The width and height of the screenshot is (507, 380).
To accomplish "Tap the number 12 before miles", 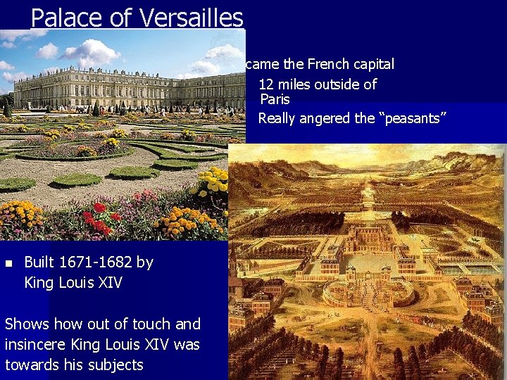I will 266,84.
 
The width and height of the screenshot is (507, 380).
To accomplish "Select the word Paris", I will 275,100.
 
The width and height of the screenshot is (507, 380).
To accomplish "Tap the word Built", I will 39,262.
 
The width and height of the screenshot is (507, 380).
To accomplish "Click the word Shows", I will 27,324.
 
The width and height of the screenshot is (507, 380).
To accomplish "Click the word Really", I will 277,118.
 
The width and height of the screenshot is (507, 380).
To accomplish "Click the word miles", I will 296,84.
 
